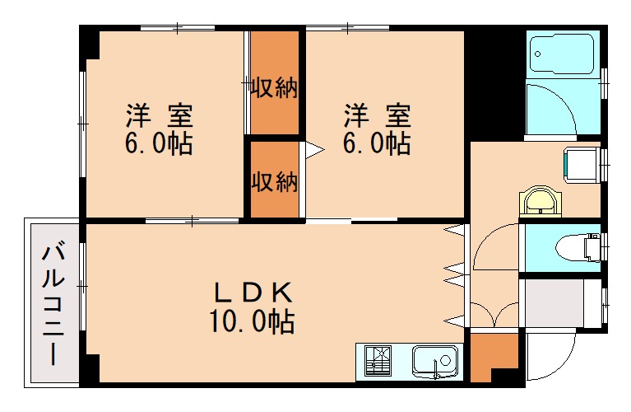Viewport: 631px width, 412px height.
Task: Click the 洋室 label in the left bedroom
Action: pyautogui.click(x=159, y=115)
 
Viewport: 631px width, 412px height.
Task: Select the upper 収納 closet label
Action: pyautogui.click(x=274, y=87)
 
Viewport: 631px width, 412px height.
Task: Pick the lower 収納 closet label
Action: pyautogui.click(x=274, y=181)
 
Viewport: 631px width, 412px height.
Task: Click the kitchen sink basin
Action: pyautogui.click(x=434, y=361)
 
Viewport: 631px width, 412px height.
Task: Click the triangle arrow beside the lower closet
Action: pyautogui.click(x=313, y=150)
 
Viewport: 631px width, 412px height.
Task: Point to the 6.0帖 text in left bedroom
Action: pyautogui.click(x=159, y=144)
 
